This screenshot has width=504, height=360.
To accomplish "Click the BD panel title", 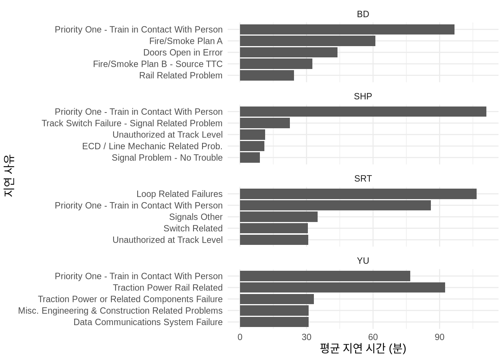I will click(x=363, y=14).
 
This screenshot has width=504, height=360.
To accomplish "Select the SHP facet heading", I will click(x=363, y=96).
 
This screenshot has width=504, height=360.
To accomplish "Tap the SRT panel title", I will click(x=363, y=178).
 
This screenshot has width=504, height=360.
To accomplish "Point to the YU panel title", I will click(x=363, y=261).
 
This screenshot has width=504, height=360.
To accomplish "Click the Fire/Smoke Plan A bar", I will click(x=307, y=41).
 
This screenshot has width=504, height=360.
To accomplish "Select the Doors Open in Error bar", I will click(x=288, y=52).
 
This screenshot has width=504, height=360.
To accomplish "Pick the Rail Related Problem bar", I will click(x=267, y=75).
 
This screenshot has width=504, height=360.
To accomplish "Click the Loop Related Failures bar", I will click(x=358, y=194).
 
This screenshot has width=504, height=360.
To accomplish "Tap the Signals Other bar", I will click(x=279, y=217).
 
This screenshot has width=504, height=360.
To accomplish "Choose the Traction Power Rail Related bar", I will click(x=342, y=288).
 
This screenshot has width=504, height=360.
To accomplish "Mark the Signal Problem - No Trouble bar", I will click(x=250, y=157).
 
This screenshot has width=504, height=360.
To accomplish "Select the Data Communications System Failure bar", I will click(x=274, y=322).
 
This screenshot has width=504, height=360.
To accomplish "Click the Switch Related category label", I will click(x=193, y=228).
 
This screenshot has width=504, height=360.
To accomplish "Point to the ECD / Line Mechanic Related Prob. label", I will click(x=152, y=146).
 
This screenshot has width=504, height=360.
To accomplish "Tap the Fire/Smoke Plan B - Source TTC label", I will click(x=157, y=64).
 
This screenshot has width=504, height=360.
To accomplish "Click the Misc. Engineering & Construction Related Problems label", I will click(x=120, y=311).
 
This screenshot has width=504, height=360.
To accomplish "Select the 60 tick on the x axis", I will click(x=373, y=337).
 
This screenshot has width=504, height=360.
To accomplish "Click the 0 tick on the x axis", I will click(x=240, y=337).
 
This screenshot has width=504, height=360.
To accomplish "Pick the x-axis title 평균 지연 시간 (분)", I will click(x=363, y=349).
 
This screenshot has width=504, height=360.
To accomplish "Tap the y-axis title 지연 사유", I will click(x=9, y=176).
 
